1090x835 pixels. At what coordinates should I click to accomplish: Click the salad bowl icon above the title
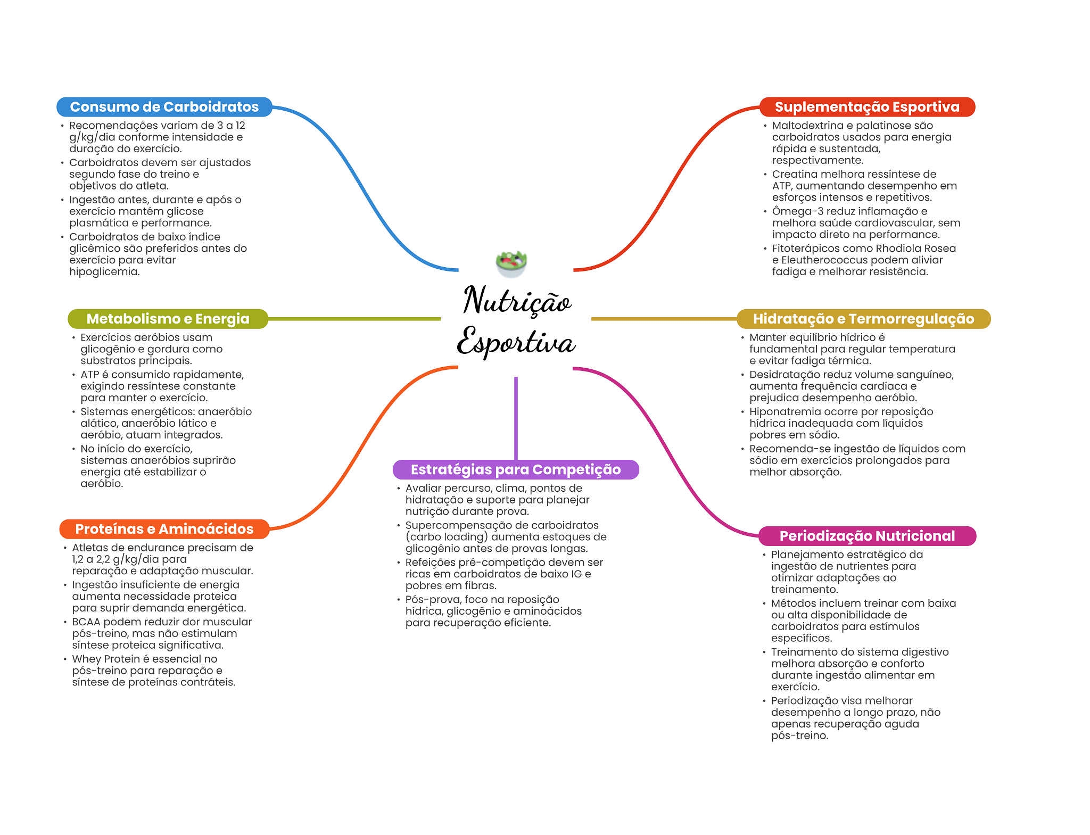(511, 263)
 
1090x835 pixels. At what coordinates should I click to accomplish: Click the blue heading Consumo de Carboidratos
(164, 107)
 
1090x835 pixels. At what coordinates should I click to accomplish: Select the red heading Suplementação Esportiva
(866, 107)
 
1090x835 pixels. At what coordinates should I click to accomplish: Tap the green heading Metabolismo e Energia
(168, 319)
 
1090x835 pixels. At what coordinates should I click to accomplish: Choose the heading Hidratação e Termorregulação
(863, 319)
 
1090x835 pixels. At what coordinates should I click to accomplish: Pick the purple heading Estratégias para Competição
(515, 469)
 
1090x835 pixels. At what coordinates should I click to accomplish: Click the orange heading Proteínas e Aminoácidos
(164, 529)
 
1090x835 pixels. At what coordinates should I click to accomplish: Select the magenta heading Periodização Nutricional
(866, 536)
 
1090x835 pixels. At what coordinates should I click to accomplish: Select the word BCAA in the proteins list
(86, 622)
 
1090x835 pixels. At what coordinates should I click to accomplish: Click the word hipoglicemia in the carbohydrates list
(104, 272)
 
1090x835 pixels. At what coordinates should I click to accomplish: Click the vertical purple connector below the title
(516, 418)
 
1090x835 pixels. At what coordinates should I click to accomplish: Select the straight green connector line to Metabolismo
(354, 319)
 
